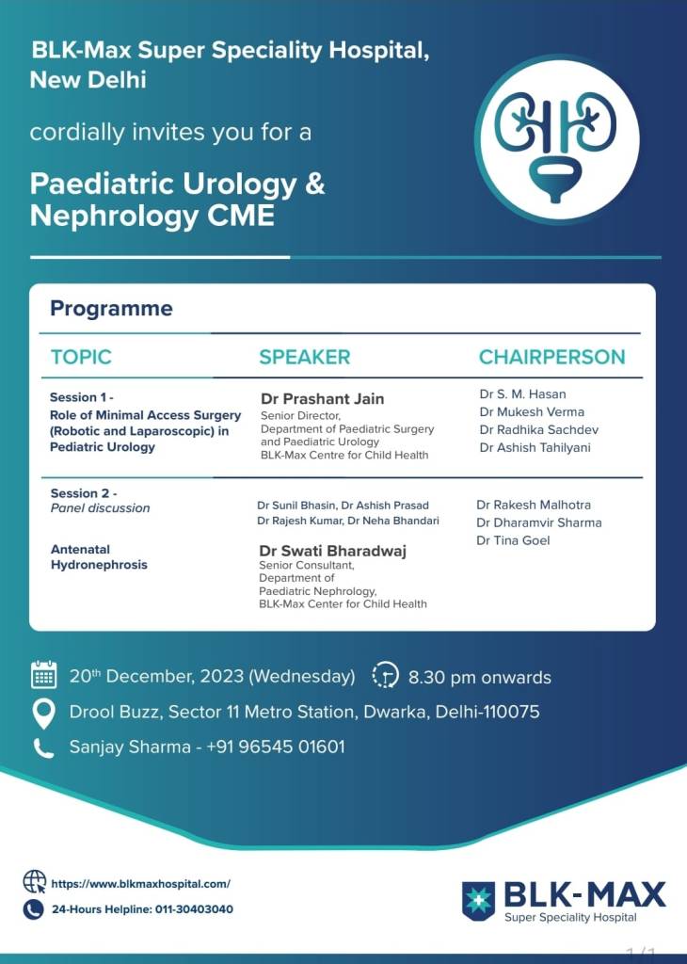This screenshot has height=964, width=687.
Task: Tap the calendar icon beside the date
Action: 43,675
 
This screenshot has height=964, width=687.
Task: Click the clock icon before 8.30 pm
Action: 386,676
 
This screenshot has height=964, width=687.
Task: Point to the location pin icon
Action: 43,712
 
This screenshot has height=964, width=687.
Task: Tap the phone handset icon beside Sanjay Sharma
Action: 43,747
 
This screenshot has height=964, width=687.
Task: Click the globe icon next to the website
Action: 34,882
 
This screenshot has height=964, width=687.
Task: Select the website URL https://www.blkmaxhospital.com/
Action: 140,884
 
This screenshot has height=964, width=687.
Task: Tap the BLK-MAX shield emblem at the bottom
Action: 478,900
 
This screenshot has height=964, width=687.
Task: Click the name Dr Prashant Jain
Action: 322,398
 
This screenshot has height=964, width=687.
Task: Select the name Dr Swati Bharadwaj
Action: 332,552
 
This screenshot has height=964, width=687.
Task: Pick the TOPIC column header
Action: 81,357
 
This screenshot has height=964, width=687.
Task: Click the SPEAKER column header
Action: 304,357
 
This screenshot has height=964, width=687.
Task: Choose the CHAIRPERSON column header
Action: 551,357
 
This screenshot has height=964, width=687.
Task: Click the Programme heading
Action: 111,308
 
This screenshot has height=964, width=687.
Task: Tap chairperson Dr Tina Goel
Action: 513,540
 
